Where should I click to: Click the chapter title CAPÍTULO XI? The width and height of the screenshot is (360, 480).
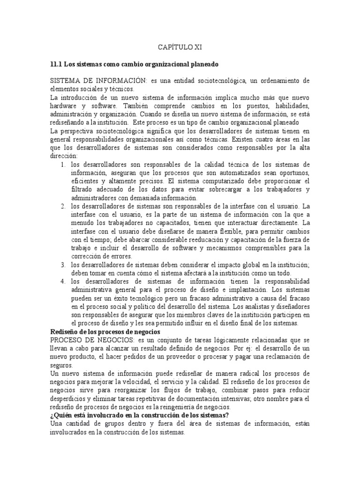pos(180,47)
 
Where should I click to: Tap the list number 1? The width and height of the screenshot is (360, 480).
pos(63,165)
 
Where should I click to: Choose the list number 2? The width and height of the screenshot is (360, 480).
pos(63,206)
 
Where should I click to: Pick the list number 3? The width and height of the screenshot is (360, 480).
pos(63,265)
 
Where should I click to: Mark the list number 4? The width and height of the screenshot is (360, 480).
pos(63,281)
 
